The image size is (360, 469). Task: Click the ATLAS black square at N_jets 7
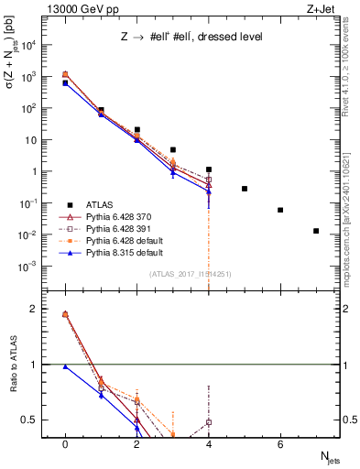tap(316, 231)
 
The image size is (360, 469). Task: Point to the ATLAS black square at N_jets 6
tap(280, 210)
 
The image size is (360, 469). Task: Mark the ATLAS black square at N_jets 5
tap(245, 189)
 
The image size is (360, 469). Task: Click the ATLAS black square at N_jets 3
tap(172, 149)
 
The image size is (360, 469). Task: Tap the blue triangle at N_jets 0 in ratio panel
tap(65, 366)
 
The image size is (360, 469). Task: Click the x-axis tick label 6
tap(280, 444)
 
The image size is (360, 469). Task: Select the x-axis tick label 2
tap(136, 444)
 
